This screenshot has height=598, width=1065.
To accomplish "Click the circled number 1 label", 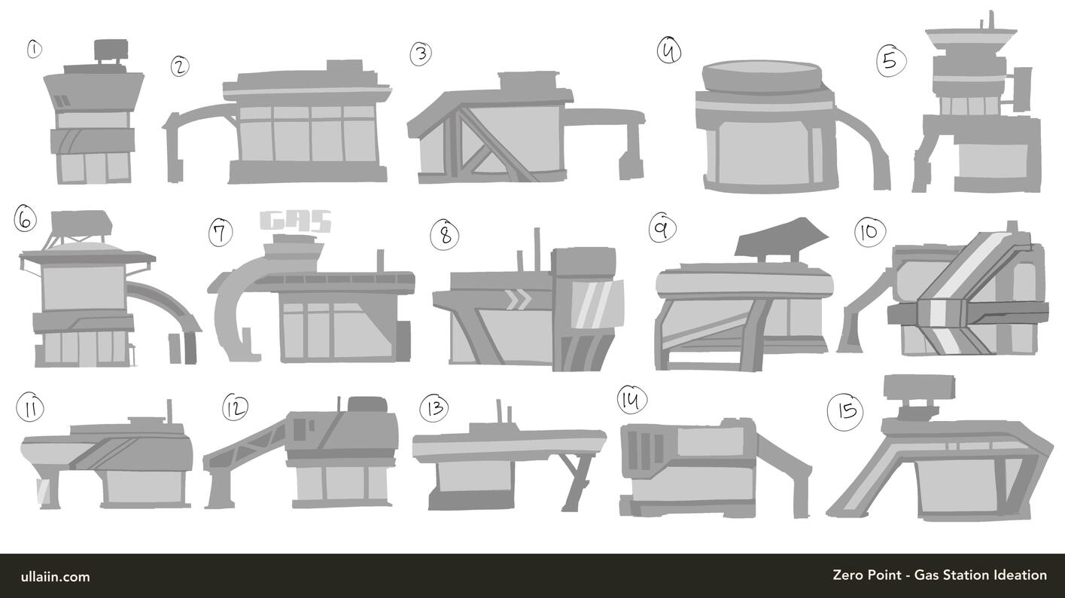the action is pos(34,50).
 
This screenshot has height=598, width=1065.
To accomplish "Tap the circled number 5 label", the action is pos(891,62).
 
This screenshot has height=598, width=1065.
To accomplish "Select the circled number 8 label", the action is pos(445,234).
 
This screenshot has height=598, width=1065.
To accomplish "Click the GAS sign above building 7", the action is pos(296,221).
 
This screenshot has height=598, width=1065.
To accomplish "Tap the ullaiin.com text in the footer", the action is pos(55,577).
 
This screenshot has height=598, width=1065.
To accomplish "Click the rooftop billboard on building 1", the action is pos(111,48).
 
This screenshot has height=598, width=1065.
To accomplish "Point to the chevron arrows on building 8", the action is pos(518,301).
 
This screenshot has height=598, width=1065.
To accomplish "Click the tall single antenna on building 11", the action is pos(169,411).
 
